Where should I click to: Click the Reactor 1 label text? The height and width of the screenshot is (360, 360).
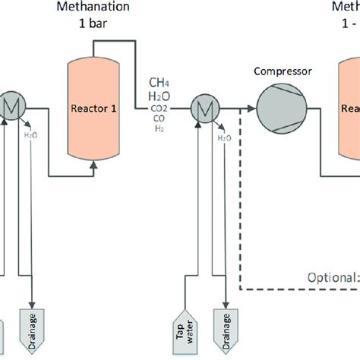(93, 109)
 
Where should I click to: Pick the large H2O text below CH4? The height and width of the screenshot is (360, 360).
(160, 96)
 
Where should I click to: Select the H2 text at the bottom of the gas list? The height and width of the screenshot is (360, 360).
(160, 128)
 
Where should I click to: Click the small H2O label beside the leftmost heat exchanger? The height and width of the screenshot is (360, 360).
(30, 136)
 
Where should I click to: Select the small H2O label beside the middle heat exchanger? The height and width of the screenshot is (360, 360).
(224, 139)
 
